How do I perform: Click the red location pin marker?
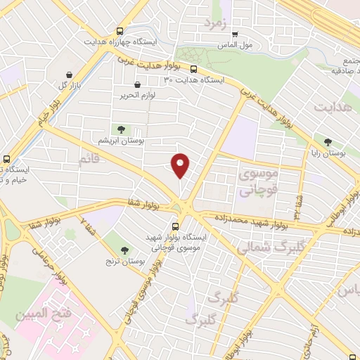pyautogui.click(x=181, y=165)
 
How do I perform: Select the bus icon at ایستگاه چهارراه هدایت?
pyautogui.click(x=120, y=32)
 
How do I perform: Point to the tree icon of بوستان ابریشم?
pyautogui.click(x=122, y=129)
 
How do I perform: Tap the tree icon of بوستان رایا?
pyautogui.click(x=327, y=142)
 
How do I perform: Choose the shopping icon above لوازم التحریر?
pyautogui.click(x=146, y=84)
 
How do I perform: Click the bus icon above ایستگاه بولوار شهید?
pyautogui.click(x=176, y=226)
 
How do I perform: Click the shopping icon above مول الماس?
pyautogui.click(x=235, y=33)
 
